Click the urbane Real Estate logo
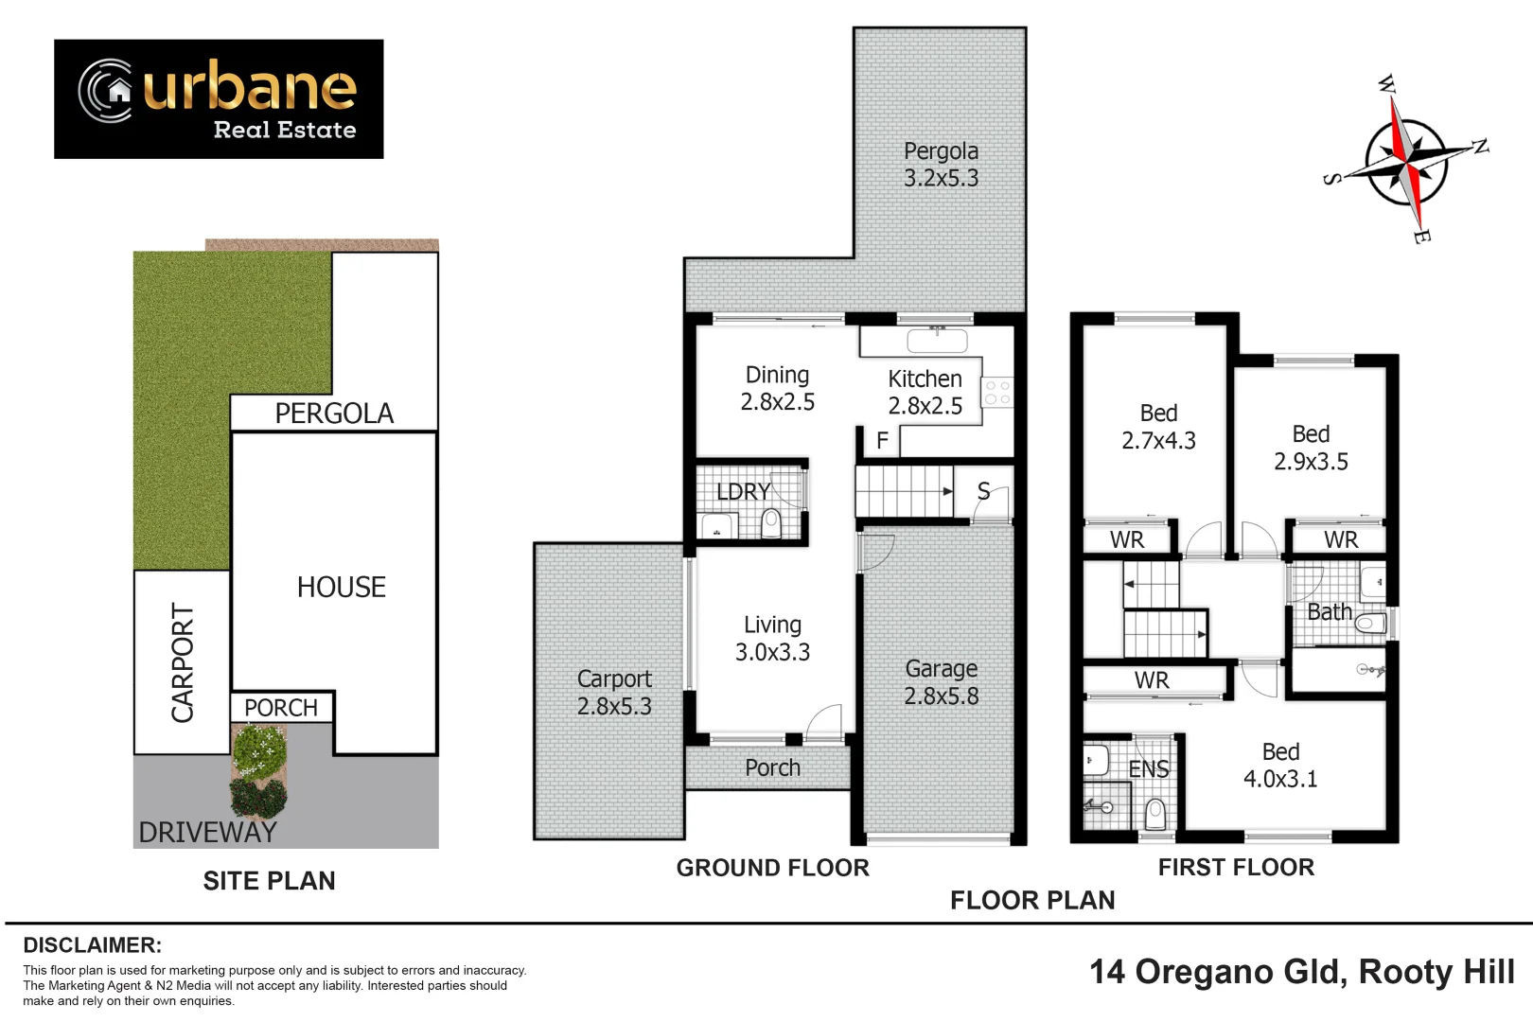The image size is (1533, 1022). [219, 98]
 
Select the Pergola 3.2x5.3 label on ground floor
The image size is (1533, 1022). [941, 165]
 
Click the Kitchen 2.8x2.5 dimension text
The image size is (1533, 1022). [925, 393]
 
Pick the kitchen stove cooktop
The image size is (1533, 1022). [996, 393]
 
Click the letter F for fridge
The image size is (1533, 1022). [882, 441]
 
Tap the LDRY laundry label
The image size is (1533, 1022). [743, 492]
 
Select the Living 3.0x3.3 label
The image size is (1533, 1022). [772, 639]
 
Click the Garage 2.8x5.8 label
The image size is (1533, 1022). [941, 682]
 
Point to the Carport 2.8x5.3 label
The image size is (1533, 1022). [614, 693]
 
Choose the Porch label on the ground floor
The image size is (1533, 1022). [772, 767]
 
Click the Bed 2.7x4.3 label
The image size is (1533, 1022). [1158, 427]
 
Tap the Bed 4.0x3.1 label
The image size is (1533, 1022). [1279, 765]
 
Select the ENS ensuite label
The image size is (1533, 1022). [1148, 769]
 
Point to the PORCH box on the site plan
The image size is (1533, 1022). [281, 708]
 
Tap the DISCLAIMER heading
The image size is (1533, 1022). [92, 945]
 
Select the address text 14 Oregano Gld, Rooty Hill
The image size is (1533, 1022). [1301, 972]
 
